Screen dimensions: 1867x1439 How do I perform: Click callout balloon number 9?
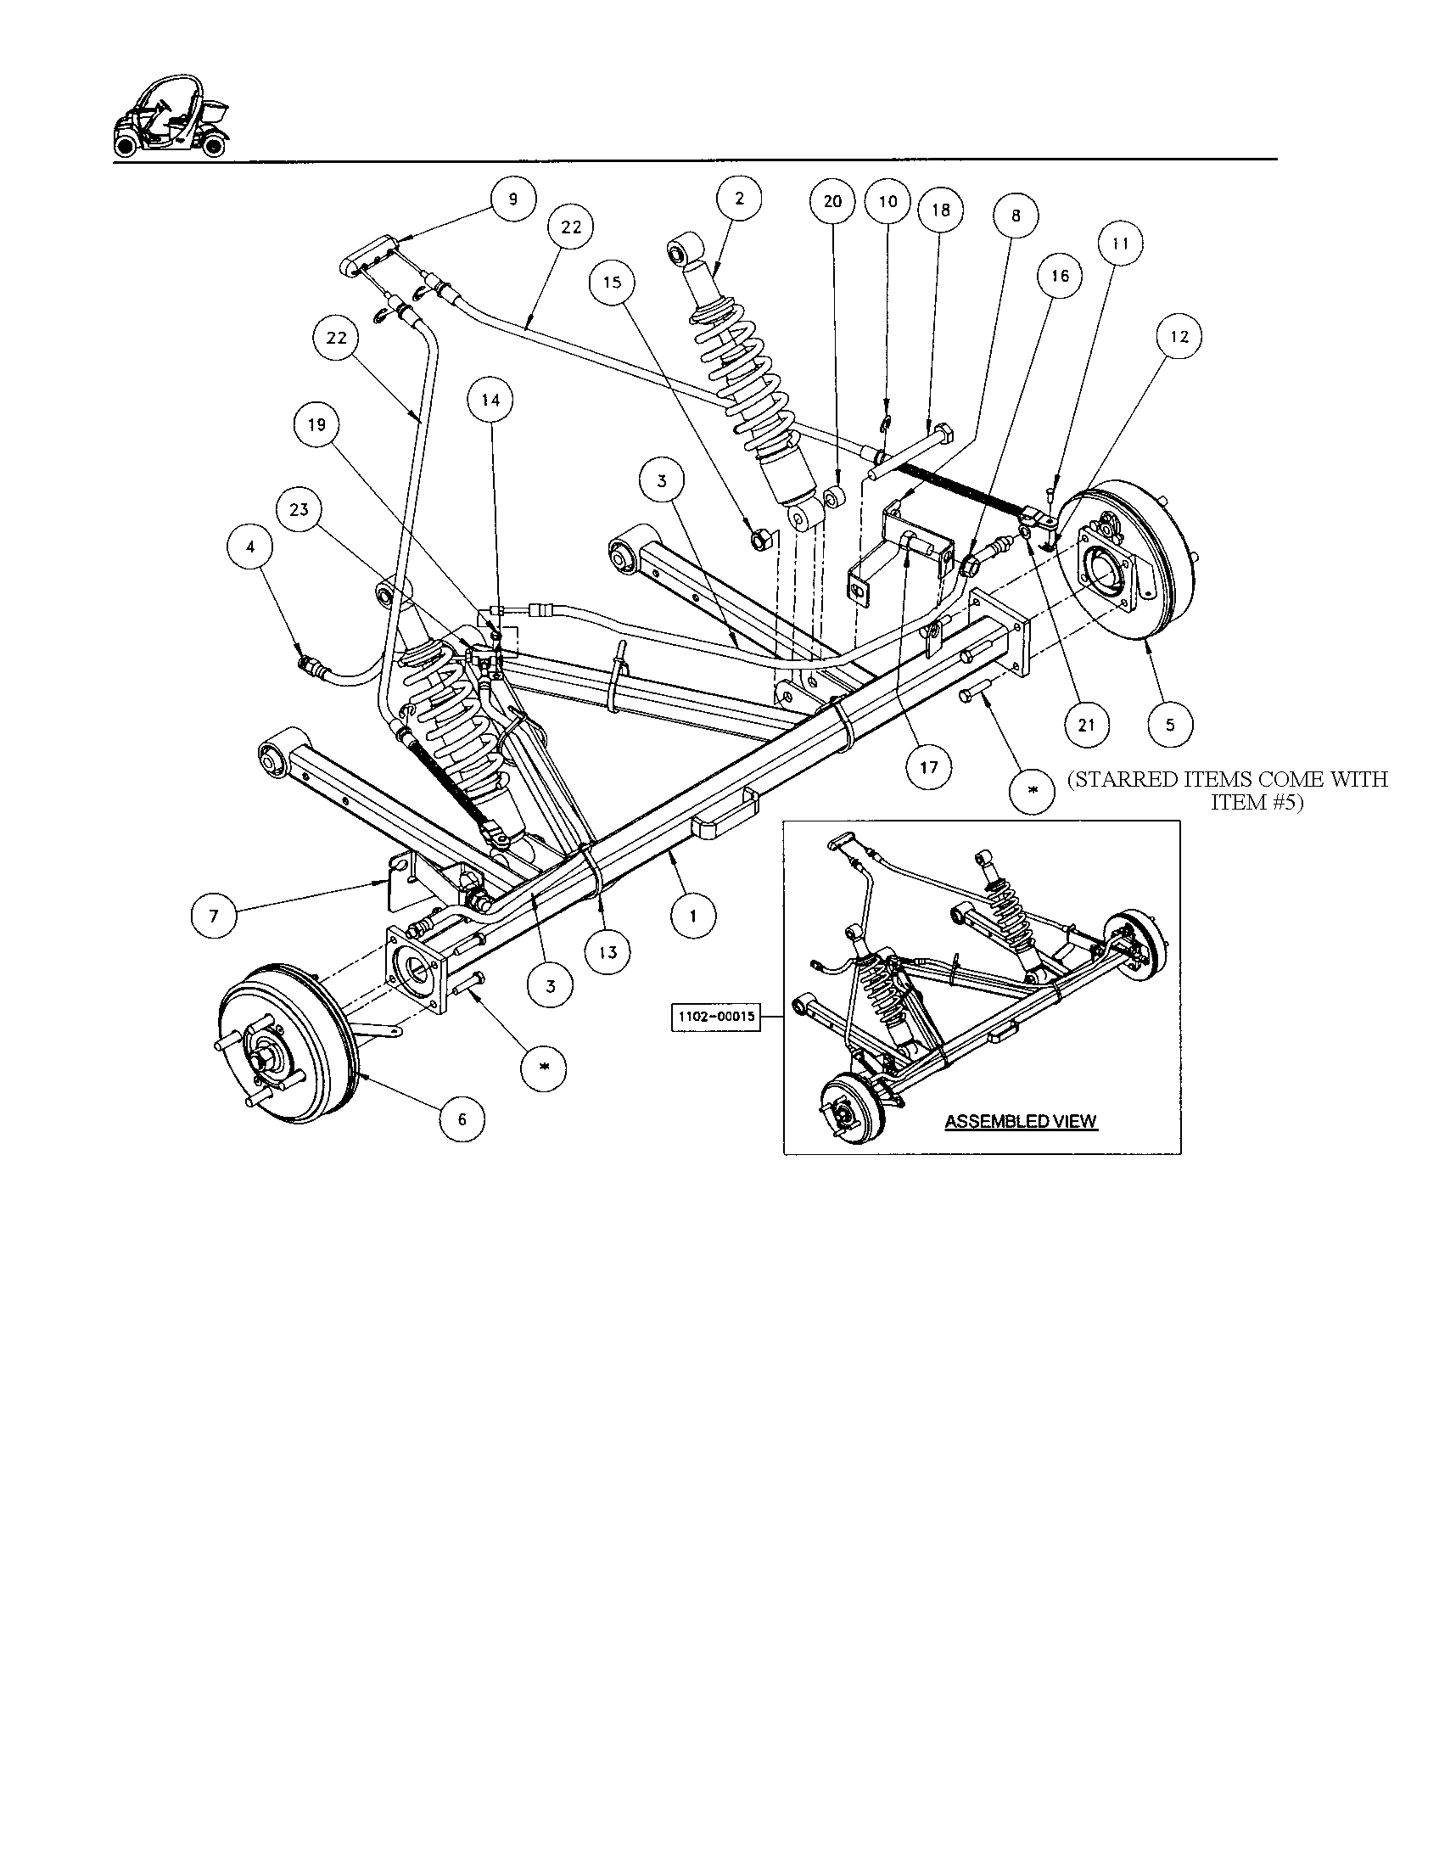click(x=512, y=199)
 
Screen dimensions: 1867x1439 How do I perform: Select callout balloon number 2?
click(x=739, y=199)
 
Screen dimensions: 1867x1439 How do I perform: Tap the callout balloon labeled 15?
click(x=613, y=282)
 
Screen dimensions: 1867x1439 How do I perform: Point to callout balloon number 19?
click(x=317, y=425)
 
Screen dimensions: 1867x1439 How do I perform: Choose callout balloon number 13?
click(x=608, y=952)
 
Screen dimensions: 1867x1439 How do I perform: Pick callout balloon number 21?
click(x=1086, y=726)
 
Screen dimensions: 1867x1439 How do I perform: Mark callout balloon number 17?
click(x=929, y=767)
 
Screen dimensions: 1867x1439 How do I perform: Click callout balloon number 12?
click(x=1179, y=337)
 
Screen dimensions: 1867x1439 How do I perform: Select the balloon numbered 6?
click(x=462, y=1119)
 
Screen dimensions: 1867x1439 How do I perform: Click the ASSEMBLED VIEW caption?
click(x=1021, y=1122)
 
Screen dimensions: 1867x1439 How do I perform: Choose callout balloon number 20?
click(x=832, y=202)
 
